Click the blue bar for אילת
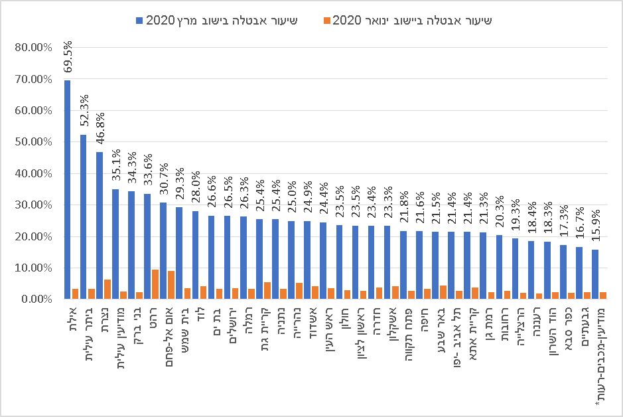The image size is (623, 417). pos(67,190)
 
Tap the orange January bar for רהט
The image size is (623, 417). pos(155,284)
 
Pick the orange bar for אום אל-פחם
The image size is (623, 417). pos(171,285)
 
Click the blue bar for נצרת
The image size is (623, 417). pos(99,226)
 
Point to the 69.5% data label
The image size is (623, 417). pos(68,56)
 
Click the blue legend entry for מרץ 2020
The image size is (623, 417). pos(219,21)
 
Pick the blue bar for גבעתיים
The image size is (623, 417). pos(579,273)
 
